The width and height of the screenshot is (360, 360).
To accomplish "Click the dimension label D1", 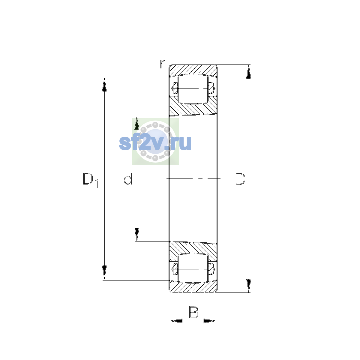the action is pos(91,180).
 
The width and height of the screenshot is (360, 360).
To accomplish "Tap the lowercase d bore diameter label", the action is pos(128,178).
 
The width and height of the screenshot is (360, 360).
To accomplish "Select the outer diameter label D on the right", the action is pos(240,179).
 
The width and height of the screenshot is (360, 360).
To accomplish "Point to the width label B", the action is pos(193,312).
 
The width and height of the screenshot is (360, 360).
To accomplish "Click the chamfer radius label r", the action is pos(162,64).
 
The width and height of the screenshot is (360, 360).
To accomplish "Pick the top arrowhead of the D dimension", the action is pos(248,72).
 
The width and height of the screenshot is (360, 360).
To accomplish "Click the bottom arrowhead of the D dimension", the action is pos(248,286).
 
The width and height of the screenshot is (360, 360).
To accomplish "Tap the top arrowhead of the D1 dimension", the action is pos(104,84).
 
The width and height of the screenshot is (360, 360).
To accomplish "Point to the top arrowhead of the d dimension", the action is pos(137,123).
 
